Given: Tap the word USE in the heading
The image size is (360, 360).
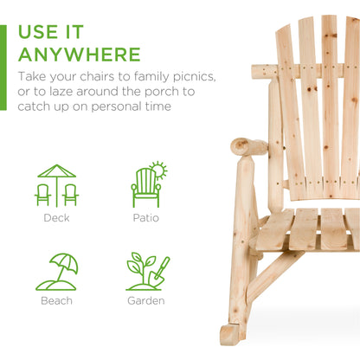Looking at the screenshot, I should [41, 32].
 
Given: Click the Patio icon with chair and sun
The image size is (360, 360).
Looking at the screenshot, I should [146, 184].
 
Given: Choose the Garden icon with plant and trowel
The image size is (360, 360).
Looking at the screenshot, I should [146, 272].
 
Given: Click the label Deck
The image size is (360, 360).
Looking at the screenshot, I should [56, 218].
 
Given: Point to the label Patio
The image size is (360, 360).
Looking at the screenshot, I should [146, 218].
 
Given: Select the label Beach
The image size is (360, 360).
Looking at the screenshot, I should [56, 301].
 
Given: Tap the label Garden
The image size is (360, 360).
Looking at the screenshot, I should [146, 301].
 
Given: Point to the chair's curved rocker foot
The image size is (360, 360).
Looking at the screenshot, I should [232, 334].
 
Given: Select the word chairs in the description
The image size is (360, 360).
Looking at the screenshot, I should [88, 77].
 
